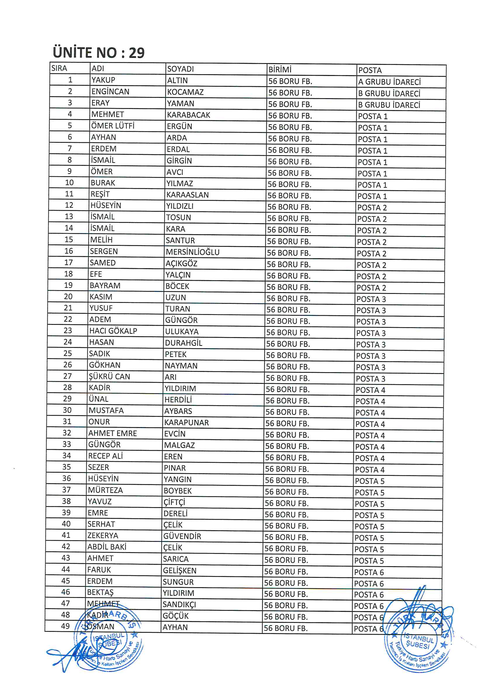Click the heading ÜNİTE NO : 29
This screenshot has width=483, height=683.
click(x=98, y=53)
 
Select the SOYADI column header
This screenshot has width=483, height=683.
click(x=180, y=69)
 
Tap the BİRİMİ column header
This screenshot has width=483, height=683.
click(x=280, y=70)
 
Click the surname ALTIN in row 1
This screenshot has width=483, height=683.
click(x=177, y=80)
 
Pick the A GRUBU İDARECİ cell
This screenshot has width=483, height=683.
click(x=389, y=82)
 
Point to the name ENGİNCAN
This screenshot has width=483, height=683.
click(x=110, y=92)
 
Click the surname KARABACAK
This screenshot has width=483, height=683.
click(x=188, y=115)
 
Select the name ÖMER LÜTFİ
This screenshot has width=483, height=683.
click(x=113, y=126)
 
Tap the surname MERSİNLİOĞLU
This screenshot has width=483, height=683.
click(x=193, y=252)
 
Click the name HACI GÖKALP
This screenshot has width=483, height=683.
click(x=113, y=331)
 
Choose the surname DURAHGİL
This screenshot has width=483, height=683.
click(x=183, y=343)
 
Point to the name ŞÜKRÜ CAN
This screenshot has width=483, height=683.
click(x=110, y=377)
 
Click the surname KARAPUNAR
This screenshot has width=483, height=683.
click(x=187, y=422)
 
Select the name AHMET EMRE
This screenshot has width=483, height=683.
click(x=112, y=433)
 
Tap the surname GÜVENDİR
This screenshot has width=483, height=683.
click(x=182, y=536)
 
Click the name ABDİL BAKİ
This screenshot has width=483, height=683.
click(x=107, y=547)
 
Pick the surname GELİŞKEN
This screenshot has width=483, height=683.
click(x=180, y=571)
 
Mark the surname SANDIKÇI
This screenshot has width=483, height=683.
click(x=179, y=604)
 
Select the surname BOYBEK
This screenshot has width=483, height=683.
click(x=178, y=490)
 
